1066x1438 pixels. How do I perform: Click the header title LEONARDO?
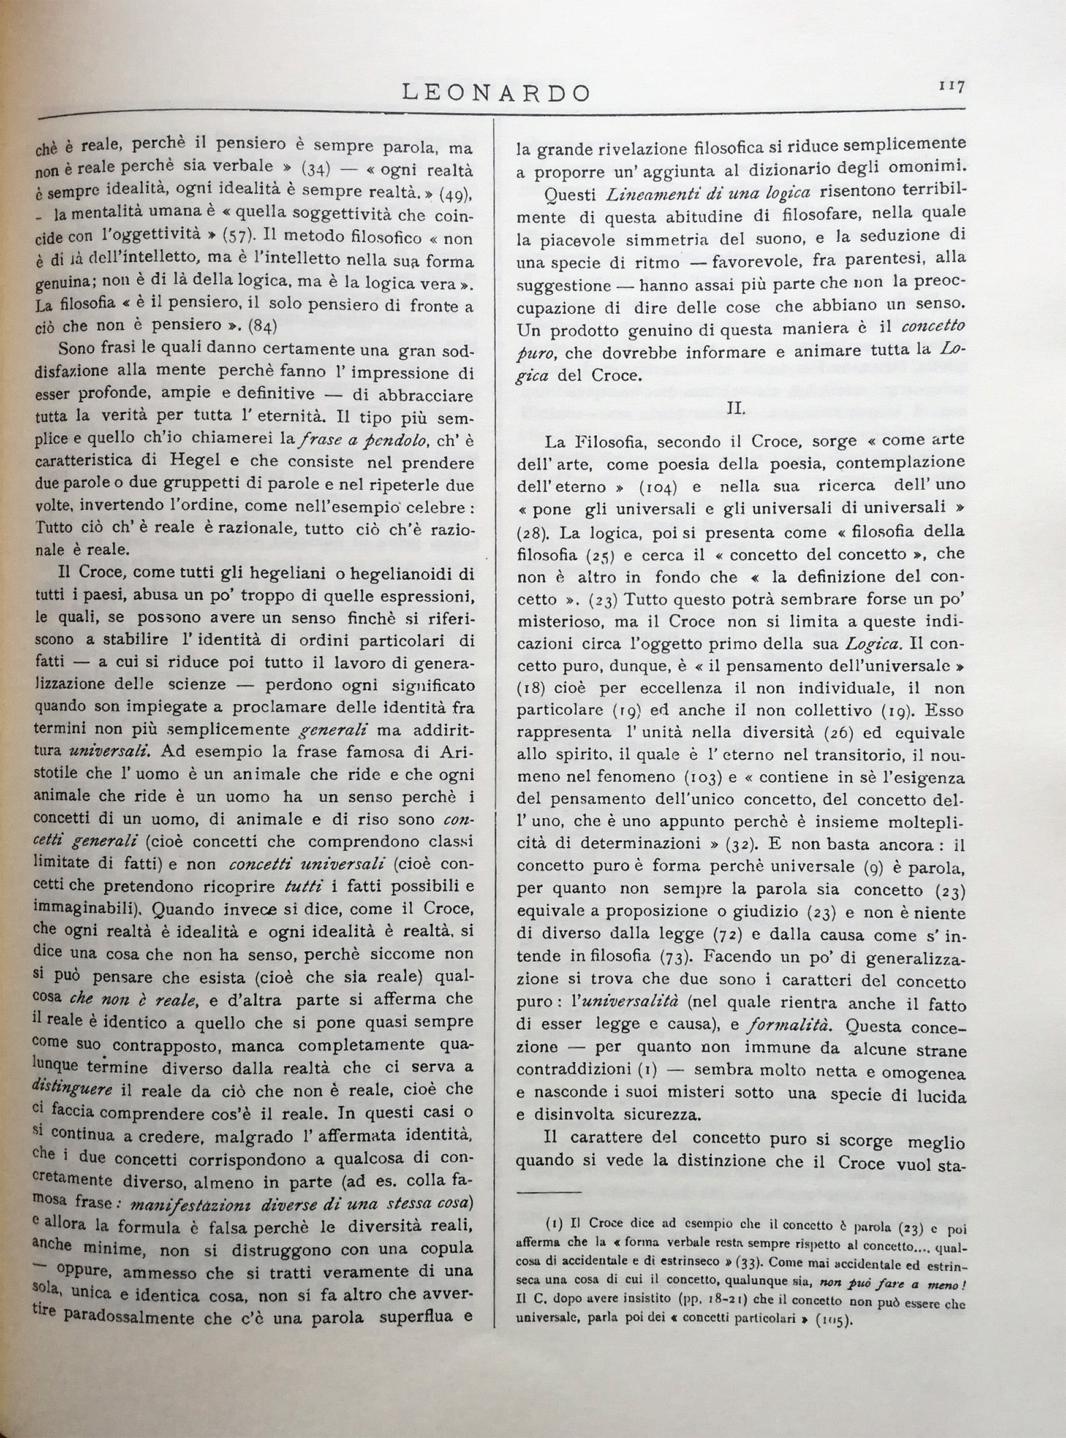(496, 93)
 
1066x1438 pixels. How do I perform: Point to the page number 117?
(951, 86)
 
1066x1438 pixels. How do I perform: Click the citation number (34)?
(316, 170)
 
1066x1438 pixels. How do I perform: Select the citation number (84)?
(263, 325)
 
